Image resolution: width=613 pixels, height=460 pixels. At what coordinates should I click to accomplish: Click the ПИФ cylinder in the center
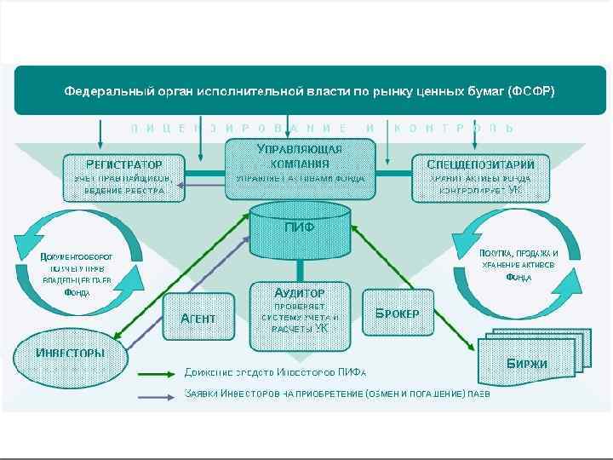(299, 230)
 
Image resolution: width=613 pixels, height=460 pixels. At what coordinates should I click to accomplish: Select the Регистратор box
(123, 176)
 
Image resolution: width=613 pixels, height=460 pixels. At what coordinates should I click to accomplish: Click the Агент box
(198, 318)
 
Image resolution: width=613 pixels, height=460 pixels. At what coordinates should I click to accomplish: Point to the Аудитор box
(299, 315)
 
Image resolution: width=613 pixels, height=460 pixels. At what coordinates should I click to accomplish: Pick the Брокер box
(397, 313)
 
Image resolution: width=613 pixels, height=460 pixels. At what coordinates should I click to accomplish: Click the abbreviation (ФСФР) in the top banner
(530, 91)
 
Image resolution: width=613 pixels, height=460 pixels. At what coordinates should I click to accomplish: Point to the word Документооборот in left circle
(77, 256)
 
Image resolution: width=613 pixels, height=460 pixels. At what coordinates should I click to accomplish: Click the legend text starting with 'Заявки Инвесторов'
(337, 394)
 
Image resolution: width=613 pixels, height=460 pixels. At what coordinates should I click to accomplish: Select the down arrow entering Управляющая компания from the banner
(287, 129)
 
